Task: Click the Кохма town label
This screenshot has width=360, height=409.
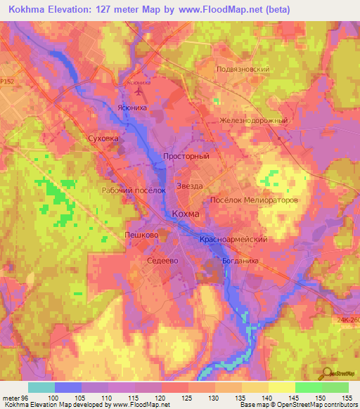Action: [186, 214]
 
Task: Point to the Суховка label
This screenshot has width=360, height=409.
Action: [103, 139]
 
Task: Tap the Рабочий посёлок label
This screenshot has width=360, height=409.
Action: [133, 190]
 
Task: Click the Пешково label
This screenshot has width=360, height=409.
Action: [139, 234]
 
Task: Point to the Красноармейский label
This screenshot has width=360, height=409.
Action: [233, 240]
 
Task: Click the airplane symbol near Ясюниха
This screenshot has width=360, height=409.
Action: [138, 91]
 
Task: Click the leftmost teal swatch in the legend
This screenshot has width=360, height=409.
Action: [41, 387]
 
